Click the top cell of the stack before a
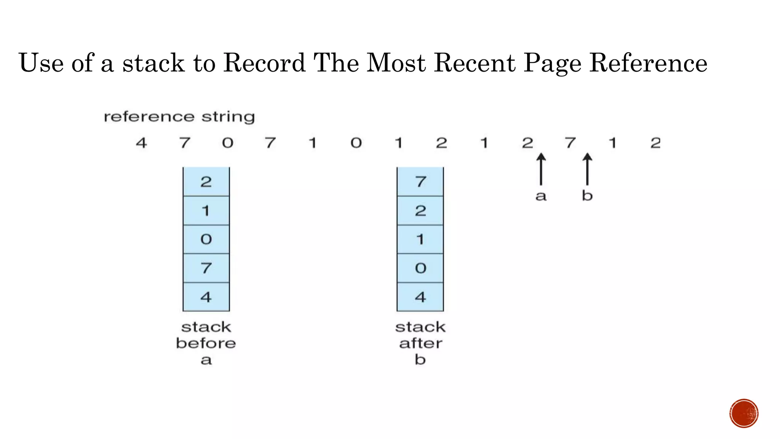206,182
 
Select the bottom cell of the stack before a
206,297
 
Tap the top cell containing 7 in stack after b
420,182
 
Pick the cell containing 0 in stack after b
420,268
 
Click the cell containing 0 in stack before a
206,239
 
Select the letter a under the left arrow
541,196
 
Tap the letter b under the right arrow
587,195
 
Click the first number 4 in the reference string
141,143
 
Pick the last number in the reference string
655,143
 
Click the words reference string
179,117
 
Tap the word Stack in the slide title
153,63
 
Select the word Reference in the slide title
648,63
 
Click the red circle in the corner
744,413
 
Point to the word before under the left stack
206,343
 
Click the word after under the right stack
420,343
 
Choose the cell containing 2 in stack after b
420,211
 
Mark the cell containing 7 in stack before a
206,268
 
